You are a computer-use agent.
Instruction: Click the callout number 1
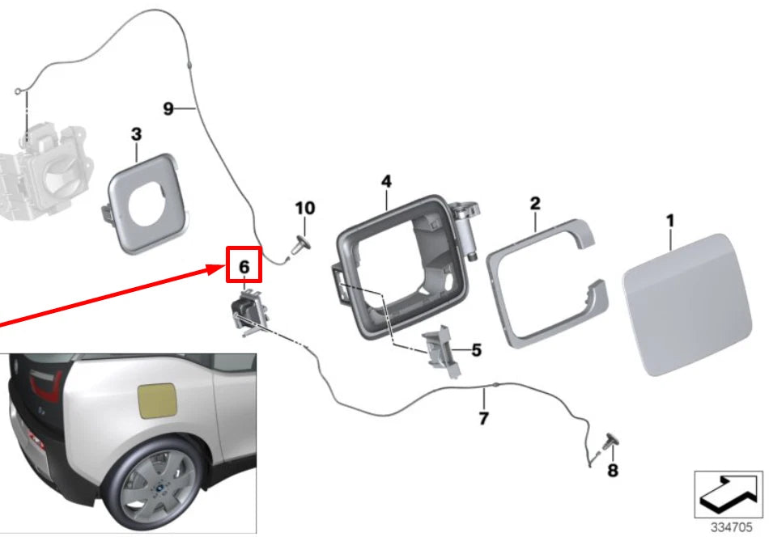[x=670, y=219]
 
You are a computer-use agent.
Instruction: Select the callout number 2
[x=535, y=203]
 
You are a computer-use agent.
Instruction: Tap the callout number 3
[x=136, y=133]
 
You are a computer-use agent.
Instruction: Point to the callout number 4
[x=387, y=182]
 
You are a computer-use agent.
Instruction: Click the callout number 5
[x=476, y=350]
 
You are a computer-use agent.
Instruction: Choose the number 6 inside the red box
[x=244, y=265]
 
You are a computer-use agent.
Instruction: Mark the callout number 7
[x=483, y=418]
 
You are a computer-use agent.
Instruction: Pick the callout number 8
[x=612, y=469]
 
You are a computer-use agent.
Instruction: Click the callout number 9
[x=168, y=108]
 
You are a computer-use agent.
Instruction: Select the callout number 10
[x=305, y=209]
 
